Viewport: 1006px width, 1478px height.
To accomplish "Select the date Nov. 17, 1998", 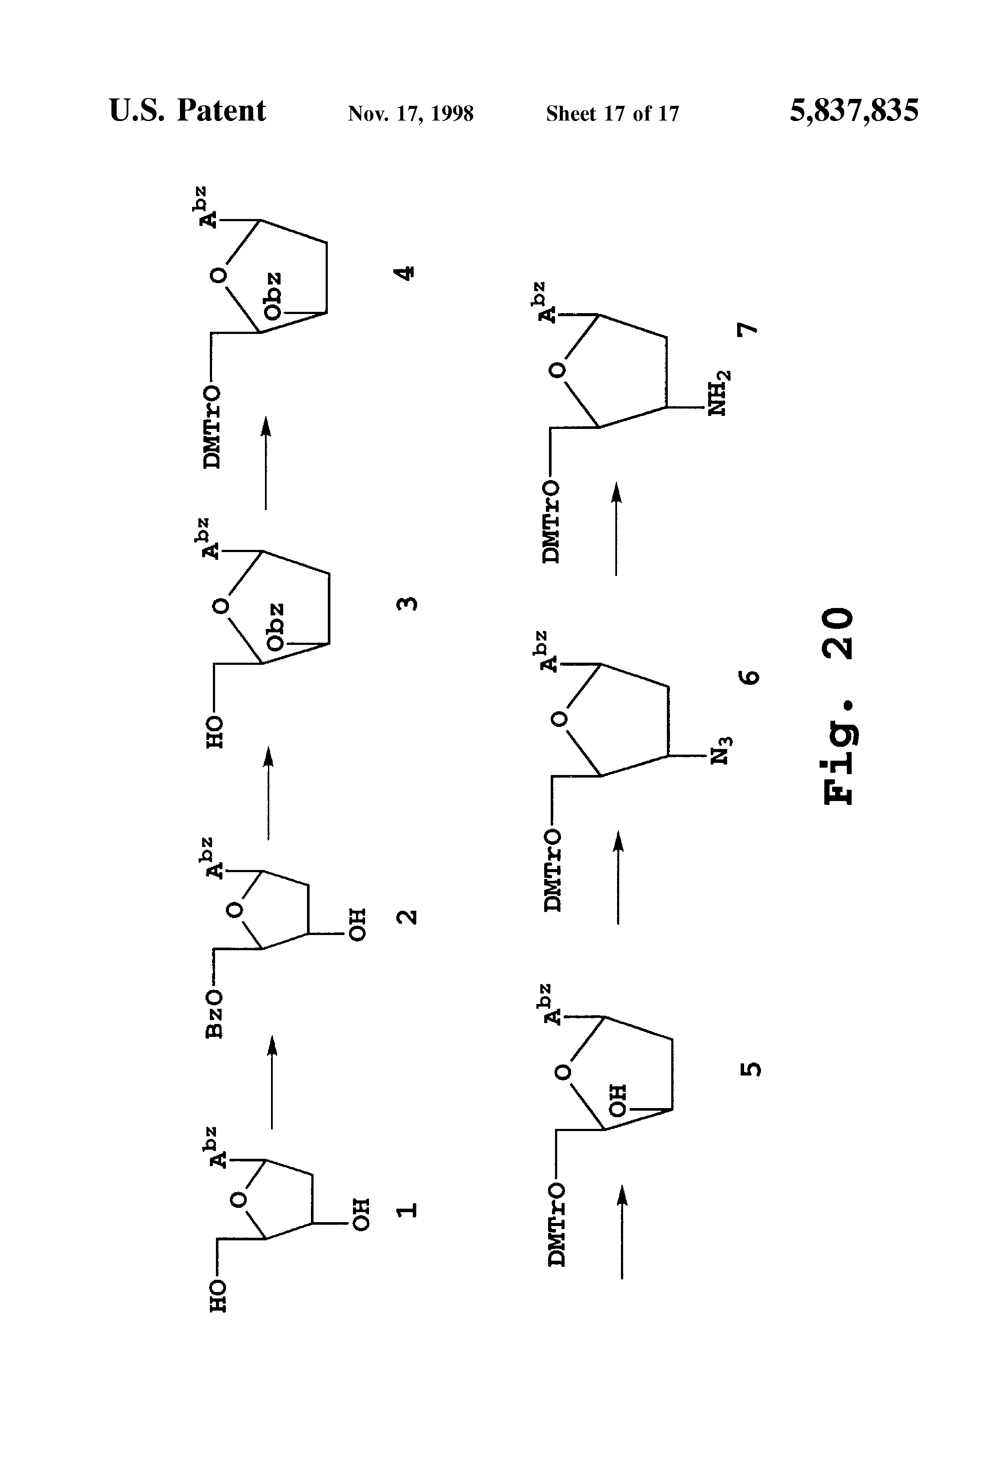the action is pos(410,114).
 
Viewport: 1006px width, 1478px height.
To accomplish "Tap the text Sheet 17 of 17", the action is pos(612,114).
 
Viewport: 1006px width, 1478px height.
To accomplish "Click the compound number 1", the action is pos(407,1209).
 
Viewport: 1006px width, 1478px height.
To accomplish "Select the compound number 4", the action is pos(405,273).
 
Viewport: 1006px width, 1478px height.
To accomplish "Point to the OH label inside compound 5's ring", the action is pos(617,1100).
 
